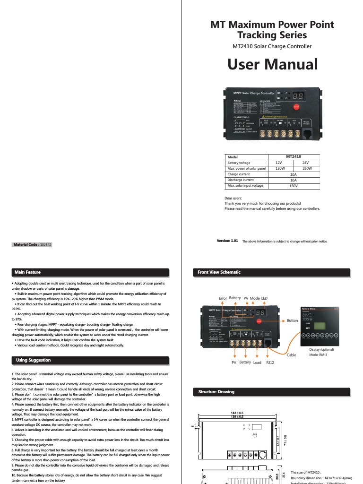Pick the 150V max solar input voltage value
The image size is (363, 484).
click(x=293, y=186)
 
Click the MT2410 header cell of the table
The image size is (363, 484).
click(x=294, y=156)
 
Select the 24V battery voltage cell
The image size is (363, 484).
click(x=305, y=163)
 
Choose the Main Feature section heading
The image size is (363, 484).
click(x=28, y=272)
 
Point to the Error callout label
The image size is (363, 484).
click(x=223, y=298)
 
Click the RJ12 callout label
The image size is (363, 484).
click(x=270, y=363)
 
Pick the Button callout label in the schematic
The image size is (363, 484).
click(x=293, y=320)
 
